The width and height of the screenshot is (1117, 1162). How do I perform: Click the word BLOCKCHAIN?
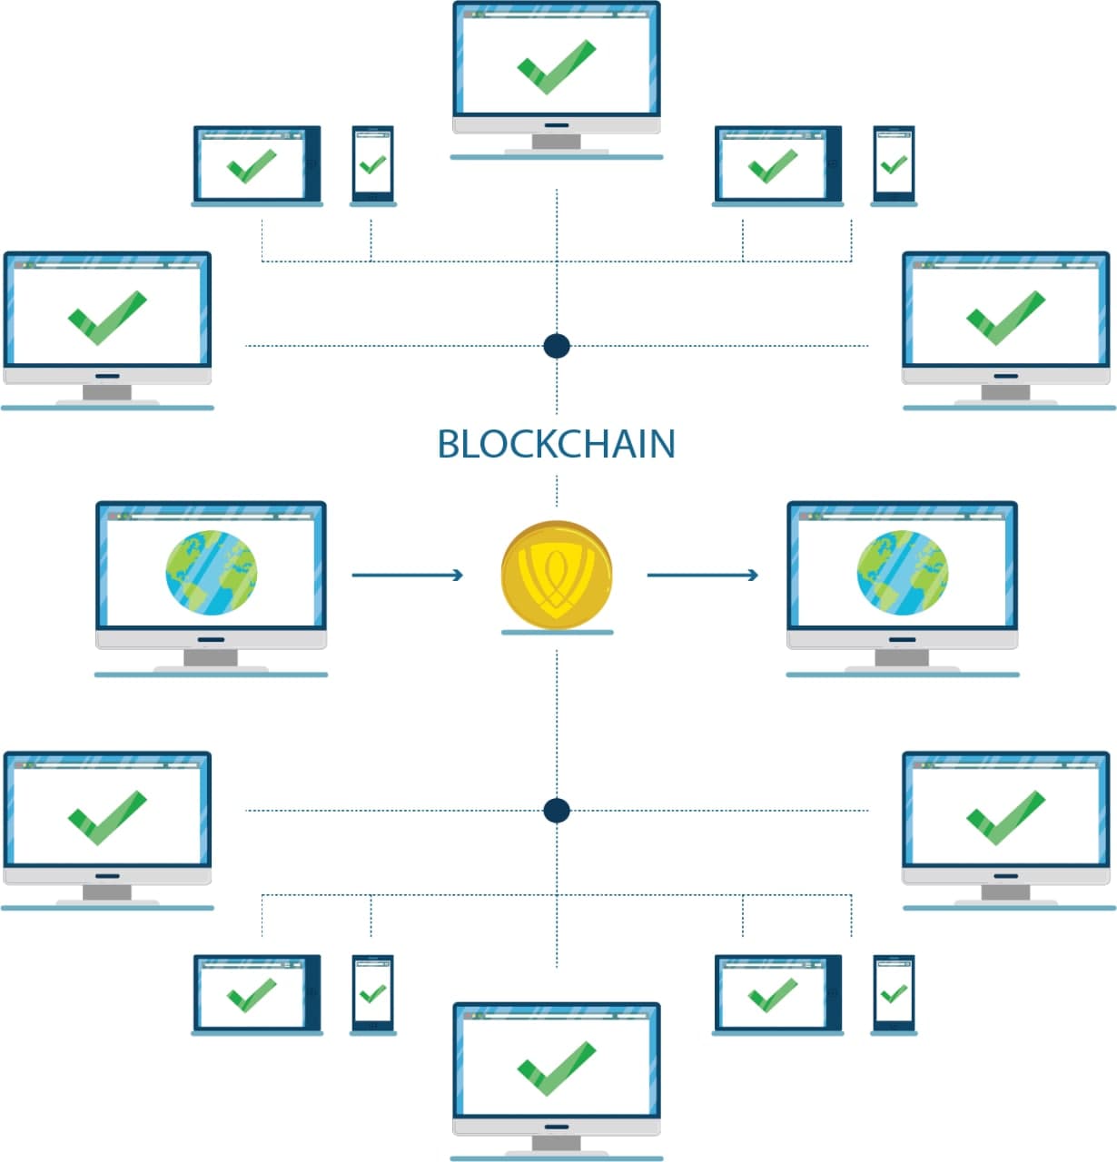[556, 444]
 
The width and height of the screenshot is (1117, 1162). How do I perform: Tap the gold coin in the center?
[556, 575]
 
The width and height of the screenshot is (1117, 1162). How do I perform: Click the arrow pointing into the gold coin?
[408, 575]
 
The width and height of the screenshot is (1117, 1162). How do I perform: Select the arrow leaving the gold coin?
[703, 575]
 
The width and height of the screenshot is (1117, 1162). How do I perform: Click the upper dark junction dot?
[557, 346]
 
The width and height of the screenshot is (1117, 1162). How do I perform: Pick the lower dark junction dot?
[557, 811]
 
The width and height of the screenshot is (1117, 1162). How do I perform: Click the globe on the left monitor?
[212, 573]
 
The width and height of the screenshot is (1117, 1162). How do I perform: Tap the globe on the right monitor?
[902, 573]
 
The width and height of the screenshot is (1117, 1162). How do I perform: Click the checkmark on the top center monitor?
[556, 67]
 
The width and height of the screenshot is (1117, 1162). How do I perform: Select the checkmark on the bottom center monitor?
[556, 1068]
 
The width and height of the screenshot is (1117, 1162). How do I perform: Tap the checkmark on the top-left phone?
[372, 164]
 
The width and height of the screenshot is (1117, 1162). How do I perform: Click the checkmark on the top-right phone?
[894, 164]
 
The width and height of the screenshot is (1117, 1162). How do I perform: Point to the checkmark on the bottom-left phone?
[372, 994]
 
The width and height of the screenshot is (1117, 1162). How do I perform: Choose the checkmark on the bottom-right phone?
[894, 994]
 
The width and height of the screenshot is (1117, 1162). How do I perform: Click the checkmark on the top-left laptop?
[252, 166]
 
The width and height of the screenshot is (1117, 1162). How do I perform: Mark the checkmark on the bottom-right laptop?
[772, 995]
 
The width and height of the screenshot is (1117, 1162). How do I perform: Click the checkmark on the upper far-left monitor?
[107, 318]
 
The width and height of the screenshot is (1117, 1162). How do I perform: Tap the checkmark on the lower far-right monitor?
[1006, 818]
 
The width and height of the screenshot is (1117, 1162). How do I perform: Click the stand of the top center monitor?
[556, 143]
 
